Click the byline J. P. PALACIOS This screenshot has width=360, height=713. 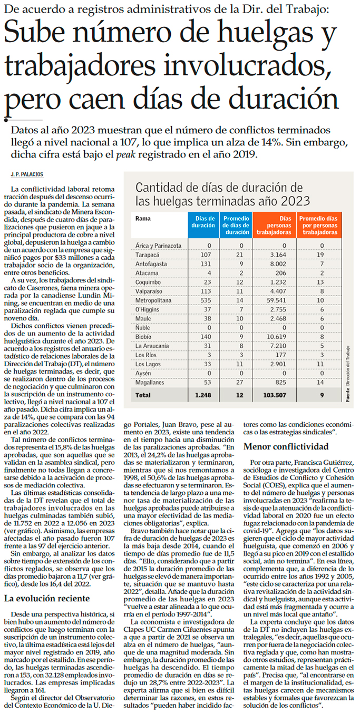click(x=26, y=174)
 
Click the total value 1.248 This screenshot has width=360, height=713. click(x=203, y=395)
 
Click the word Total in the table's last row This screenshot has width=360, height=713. click(x=143, y=395)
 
